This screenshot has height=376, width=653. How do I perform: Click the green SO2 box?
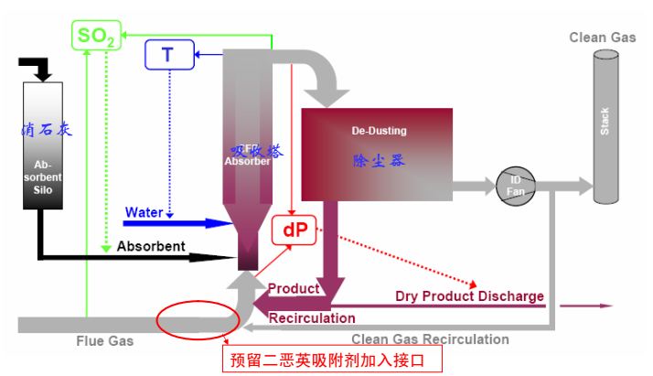pos(95,36)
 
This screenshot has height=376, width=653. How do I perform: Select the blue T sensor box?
pos(167,55)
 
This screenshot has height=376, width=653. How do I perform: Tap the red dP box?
pos(294,231)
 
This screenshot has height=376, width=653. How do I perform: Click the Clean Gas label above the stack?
pos(602,37)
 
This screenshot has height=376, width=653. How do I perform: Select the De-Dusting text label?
pos(379,131)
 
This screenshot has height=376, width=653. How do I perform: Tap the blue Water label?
pos(144,212)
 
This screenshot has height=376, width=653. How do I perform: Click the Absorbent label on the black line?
pos(151,246)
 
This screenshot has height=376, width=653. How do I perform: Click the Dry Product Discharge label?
pos(469,296)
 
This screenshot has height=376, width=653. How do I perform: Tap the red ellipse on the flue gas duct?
pos(198,320)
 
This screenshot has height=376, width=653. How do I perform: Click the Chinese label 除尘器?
pos(379,160)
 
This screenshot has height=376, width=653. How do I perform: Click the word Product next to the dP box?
pos(293,288)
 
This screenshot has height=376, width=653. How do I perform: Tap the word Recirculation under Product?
pos(312,317)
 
